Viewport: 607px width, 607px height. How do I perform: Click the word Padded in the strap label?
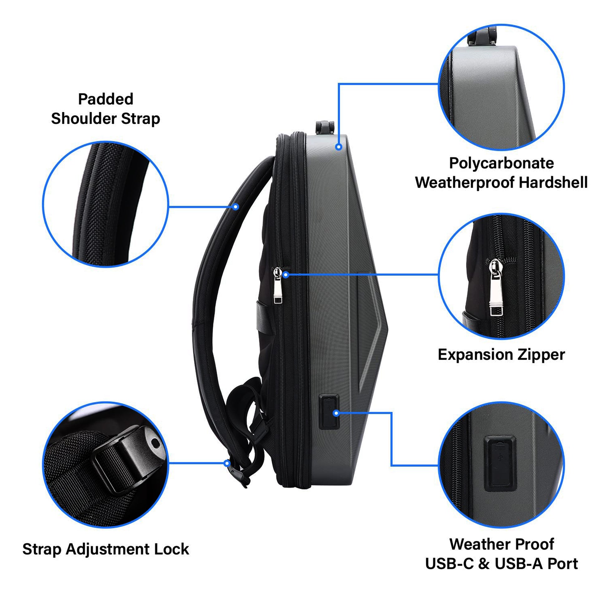coord(105,99)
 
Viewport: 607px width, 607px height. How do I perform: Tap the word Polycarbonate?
coord(501,163)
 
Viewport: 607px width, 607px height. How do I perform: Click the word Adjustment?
coord(109,550)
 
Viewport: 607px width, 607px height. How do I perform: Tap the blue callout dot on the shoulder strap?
coord(236,207)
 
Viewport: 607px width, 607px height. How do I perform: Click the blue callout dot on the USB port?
coord(336,413)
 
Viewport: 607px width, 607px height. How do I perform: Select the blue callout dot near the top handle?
coord(339,147)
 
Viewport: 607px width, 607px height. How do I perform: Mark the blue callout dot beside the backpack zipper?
coord(286,275)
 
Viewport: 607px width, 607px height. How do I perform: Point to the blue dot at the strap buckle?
coord(227,464)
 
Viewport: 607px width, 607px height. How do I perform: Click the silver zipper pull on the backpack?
coord(278,285)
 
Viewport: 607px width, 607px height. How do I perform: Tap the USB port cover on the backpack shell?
coord(329,412)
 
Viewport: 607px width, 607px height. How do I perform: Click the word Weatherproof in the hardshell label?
coord(465,183)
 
